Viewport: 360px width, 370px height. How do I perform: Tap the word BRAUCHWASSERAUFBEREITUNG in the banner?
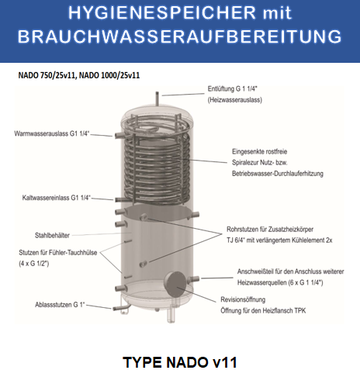pyautogui.click(x=180, y=36)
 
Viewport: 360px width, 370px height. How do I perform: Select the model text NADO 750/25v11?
pyautogui.click(x=45, y=75)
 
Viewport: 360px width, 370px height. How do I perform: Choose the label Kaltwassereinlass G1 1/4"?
pyautogui.click(x=57, y=199)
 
